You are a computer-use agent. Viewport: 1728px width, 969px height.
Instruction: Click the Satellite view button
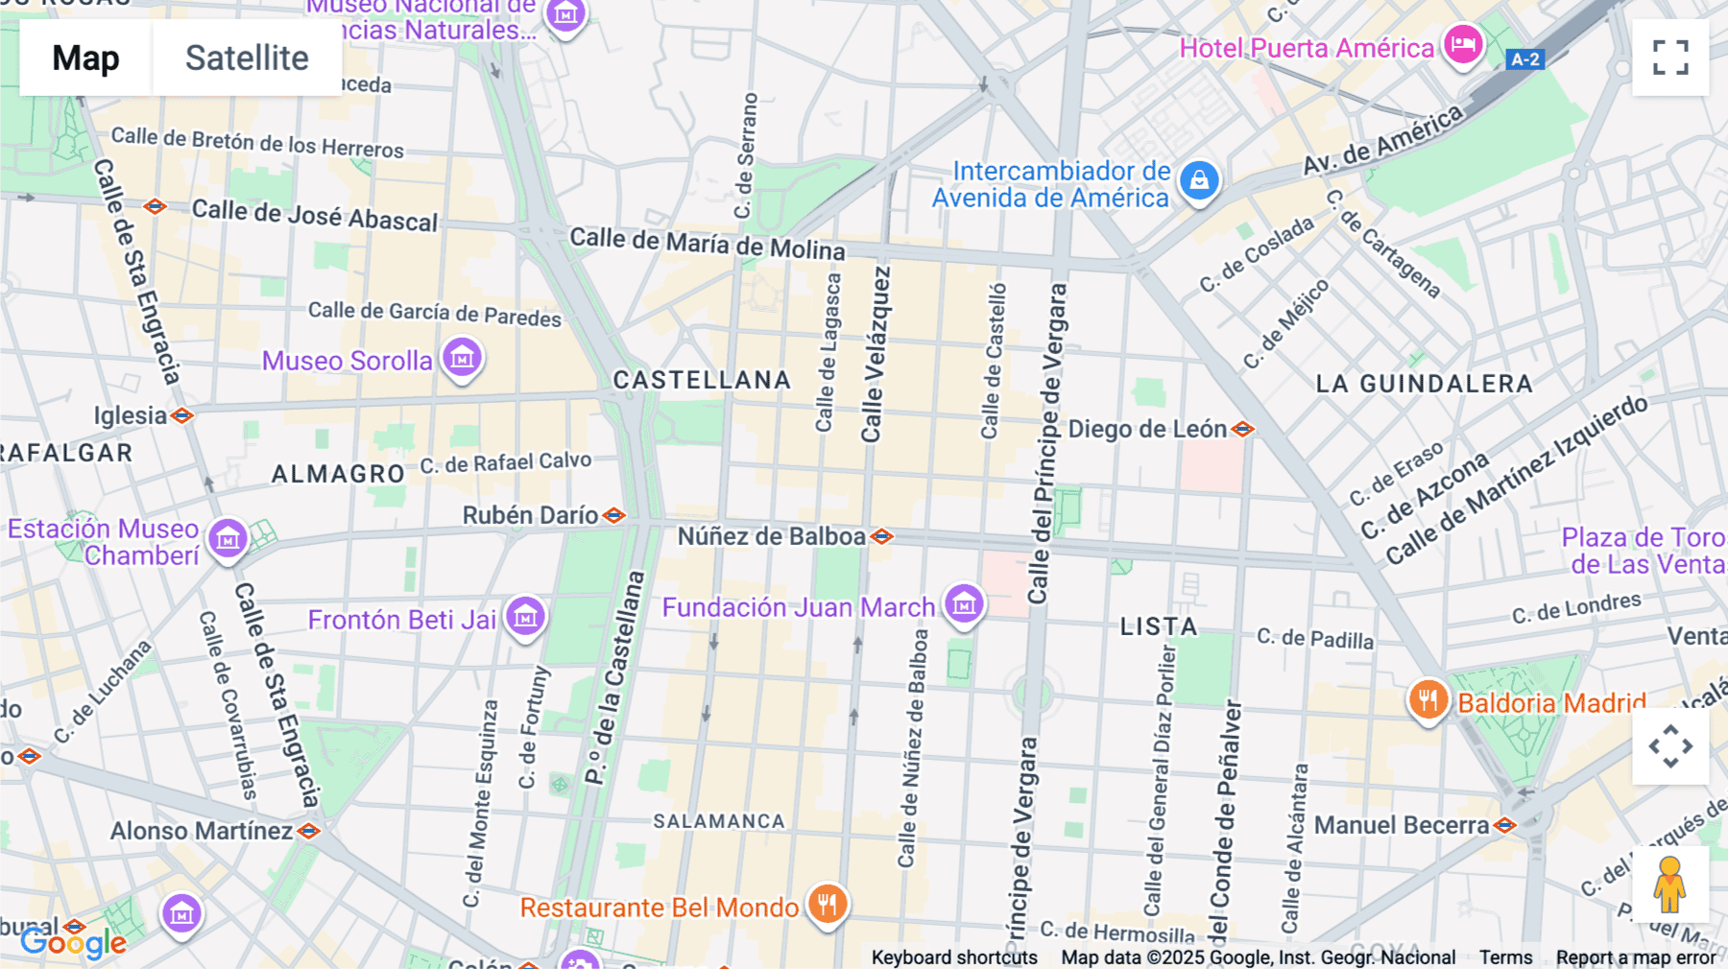(247, 58)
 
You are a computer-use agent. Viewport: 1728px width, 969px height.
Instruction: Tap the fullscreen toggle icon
(1670, 58)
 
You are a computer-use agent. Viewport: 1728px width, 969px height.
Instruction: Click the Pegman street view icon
(1669, 885)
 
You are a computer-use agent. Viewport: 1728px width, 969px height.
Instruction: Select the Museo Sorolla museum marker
(462, 358)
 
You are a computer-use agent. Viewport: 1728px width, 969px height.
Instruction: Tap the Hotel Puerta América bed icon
(1463, 44)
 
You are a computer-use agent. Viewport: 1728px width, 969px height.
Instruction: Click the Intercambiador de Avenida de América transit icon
(1199, 180)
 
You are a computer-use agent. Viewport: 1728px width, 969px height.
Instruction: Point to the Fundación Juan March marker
(964, 603)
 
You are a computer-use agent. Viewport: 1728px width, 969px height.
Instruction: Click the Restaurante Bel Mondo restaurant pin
(827, 903)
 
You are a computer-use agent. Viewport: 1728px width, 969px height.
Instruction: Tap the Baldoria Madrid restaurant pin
(1428, 700)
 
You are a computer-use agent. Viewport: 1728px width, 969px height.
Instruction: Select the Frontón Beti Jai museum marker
(525, 617)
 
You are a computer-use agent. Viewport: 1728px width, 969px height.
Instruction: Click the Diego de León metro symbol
(1243, 429)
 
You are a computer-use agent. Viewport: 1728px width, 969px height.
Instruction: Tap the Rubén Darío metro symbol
(614, 515)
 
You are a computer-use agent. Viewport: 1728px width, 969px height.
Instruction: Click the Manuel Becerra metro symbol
(1504, 825)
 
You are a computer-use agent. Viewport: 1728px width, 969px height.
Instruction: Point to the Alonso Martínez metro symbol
(309, 831)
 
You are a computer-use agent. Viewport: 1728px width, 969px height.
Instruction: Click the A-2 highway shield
(1524, 59)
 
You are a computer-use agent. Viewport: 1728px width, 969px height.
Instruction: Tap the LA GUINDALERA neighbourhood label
(1424, 384)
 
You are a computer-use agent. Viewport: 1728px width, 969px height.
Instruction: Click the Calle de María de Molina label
(708, 244)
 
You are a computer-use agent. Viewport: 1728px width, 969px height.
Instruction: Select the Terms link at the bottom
(1505, 957)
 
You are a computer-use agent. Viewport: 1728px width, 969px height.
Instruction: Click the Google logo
(73, 943)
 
